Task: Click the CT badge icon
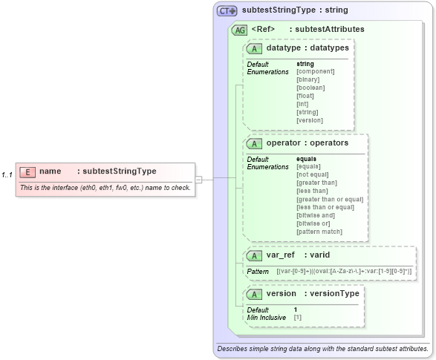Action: coord(227,11)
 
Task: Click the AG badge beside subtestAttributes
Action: coord(239,30)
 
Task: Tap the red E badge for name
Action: coord(27,171)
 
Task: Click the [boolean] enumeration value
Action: coord(310,88)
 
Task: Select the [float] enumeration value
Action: coord(305,96)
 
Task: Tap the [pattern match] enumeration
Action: coord(319,232)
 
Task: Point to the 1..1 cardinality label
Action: coord(7,175)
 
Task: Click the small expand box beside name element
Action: coord(199,179)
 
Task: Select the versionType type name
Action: coord(335,294)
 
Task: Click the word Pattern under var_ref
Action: coord(258,272)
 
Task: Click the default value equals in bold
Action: coord(306,159)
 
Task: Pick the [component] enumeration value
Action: coord(316,71)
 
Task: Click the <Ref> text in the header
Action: coord(264,30)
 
